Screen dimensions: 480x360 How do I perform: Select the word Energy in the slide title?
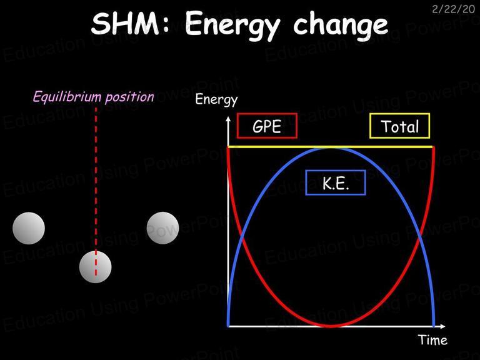pyautogui.click(x=232, y=26)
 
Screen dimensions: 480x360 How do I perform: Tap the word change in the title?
pyautogui.click(x=341, y=26)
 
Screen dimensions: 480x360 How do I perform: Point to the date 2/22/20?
pyautogui.click(x=453, y=9)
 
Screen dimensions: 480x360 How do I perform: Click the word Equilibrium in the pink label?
pyautogui.click(x=67, y=97)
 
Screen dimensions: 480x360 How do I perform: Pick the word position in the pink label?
pyautogui.click(x=130, y=97)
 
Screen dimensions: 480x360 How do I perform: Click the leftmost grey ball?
pyautogui.click(x=29, y=228)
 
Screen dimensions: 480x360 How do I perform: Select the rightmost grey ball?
pyautogui.click(x=162, y=228)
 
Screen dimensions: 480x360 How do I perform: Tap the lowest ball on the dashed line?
pyautogui.click(x=95, y=267)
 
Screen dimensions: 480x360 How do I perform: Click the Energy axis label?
pyautogui.click(x=216, y=100)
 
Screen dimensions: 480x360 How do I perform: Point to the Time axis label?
pyautogui.click(x=432, y=340)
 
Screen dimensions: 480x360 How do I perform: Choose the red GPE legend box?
pyautogui.click(x=267, y=126)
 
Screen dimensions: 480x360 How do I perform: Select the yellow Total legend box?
pyautogui.click(x=400, y=126)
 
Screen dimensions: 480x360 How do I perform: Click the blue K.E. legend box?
pyautogui.click(x=336, y=182)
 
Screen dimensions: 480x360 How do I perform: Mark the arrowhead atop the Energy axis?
pyautogui.click(x=228, y=119)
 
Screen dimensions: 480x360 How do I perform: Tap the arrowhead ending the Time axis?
pyautogui.click(x=442, y=326)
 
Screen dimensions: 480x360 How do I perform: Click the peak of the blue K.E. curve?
pyautogui.click(x=331, y=148)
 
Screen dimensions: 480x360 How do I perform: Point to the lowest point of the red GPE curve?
pyautogui.click(x=331, y=326)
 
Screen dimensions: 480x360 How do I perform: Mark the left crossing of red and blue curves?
pyautogui.click(x=242, y=236)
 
